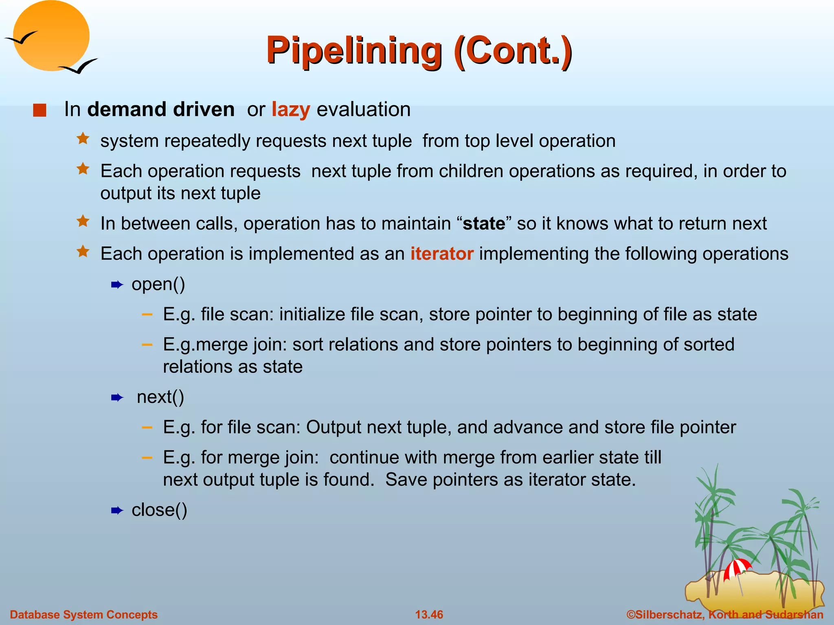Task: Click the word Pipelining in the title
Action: pyautogui.click(x=353, y=50)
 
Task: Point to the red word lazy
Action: pyautogui.click(x=291, y=109)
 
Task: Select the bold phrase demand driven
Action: pyautogui.click(x=160, y=109)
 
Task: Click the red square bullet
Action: pyautogui.click(x=40, y=110)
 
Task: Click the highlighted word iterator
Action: pyautogui.click(x=441, y=253)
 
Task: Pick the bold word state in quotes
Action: pyautogui.click(x=483, y=223)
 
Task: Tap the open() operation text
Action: pyautogui.click(x=158, y=284)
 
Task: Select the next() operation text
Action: pyautogui.click(x=160, y=397)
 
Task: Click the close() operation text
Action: pyautogui.click(x=159, y=510)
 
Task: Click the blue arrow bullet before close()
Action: pyautogui.click(x=117, y=511)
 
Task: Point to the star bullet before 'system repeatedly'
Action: pyautogui.click(x=83, y=139)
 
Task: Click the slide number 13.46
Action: pyautogui.click(x=429, y=614)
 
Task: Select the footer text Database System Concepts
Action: pyautogui.click(x=83, y=614)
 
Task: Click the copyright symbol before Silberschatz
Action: pyautogui.click(x=631, y=614)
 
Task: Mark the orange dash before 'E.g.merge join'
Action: pyautogui.click(x=147, y=345)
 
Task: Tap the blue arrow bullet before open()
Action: pyautogui.click(x=117, y=285)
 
